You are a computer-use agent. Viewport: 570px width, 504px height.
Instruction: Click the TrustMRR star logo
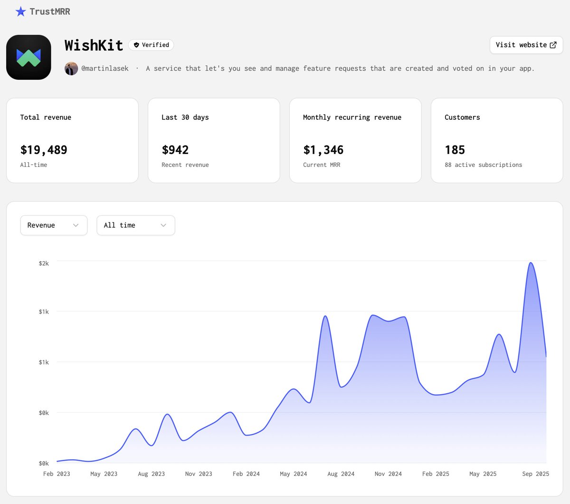point(20,11)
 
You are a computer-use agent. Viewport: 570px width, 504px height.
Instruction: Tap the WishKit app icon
point(28,57)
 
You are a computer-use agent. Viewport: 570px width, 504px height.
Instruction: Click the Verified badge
point(151,45)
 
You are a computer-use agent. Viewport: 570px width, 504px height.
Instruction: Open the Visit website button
point(526,45)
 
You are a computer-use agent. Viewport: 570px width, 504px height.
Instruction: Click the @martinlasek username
point(105,68)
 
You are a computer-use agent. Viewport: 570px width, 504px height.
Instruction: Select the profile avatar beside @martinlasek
point(71,68)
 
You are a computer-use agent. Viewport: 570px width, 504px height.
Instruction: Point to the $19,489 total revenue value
point(44,150)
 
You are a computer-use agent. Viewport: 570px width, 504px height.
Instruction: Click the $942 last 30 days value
point(175,150)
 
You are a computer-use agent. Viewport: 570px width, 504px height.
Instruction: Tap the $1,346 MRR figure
point(323,150)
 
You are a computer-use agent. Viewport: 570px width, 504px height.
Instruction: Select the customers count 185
point(455,150)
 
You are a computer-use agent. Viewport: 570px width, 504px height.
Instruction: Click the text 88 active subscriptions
point(483,165)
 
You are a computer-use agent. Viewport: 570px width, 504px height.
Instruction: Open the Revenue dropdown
point(54,225)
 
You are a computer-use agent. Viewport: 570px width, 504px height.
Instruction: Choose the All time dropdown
point(135,225)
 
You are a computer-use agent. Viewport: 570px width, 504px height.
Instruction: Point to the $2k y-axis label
point(44,263)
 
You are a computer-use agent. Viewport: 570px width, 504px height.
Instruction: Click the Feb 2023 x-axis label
point(57,474)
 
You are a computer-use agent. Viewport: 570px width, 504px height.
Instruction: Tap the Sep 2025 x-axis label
point(535,474)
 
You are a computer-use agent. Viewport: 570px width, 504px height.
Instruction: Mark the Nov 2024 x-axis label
point(388,474)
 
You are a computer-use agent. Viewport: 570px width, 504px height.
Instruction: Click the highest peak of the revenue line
point(531,263)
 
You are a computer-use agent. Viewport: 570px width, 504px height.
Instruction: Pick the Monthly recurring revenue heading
point(352,117)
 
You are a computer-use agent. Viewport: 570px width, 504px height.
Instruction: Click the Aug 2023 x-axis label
point(151,474)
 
